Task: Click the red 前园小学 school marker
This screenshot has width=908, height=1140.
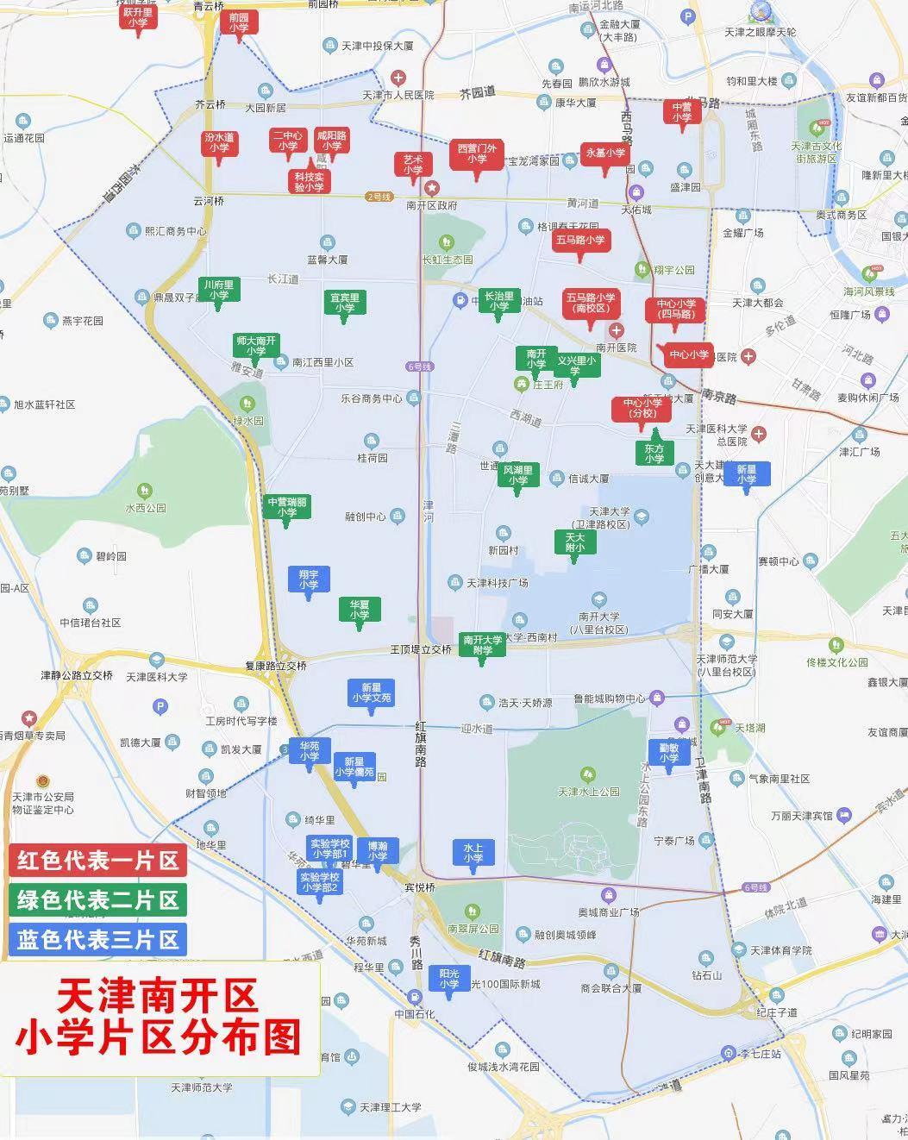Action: [x=238, y=23]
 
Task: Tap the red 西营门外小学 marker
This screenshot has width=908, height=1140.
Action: [x=477, y=153]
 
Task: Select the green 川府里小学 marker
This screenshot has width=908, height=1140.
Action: [x=219, y=290]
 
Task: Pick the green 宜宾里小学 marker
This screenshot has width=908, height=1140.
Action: [x=345, y=303]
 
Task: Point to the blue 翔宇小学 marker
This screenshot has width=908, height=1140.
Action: [x=309, y=579]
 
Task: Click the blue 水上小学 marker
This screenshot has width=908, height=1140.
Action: [x=473, y=852]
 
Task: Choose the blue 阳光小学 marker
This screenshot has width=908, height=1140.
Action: [x=449, y=978]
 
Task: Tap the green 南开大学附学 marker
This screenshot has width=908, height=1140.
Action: [x=482, y=644]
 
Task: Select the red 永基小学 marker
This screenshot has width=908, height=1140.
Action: [x=606, y=153]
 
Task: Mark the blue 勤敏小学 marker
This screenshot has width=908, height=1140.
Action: [x=669, y=753]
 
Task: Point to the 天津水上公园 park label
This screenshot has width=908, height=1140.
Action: [x=589, y=791]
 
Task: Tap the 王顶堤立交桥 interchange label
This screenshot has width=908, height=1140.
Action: [x=421, y=648]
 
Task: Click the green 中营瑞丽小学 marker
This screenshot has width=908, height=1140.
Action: [x=287, y=507]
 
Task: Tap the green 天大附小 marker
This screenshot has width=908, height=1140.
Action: [x=574, y=542]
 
